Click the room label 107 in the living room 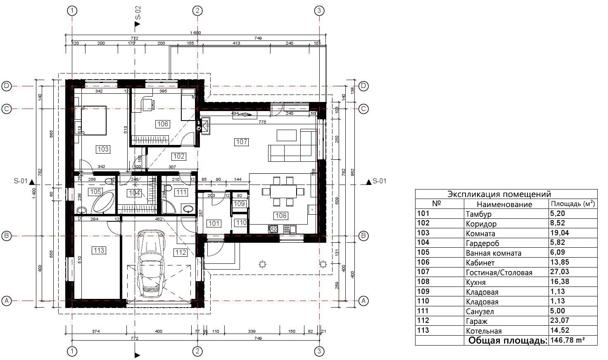coord(241,142)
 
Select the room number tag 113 coord(99,250)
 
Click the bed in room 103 coord(93,120)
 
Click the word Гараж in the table coord(477,321)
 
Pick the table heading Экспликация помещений coord(499,194)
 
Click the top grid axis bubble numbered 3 coord(319,11)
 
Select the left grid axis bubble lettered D coord(6,86)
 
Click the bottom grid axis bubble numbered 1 coord(72,351)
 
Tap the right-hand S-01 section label coord(379,181)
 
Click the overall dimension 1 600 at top coord(195,33)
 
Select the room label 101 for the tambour coord(214,223)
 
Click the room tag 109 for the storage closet coord(239,204)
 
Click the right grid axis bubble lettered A coord(363,301)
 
